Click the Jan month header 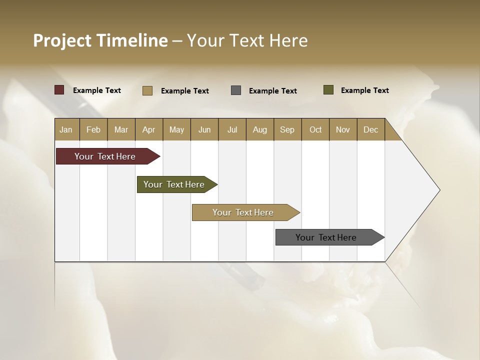coord(66,129)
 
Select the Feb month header coord(93,129)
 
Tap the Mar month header coord(121,129)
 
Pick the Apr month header coord(149,129)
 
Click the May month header coord(176,129)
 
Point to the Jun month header coord(204,129)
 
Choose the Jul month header coord(232,129)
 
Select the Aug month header coord(260,129)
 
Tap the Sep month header coord(287,129)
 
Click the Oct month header coord(315,129)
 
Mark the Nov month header coord(343,129)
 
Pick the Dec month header coord(371,129)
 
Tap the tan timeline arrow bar coord(243,212)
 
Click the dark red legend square coord(59,90)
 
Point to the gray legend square coord(236,90)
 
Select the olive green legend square coord(328,90)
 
